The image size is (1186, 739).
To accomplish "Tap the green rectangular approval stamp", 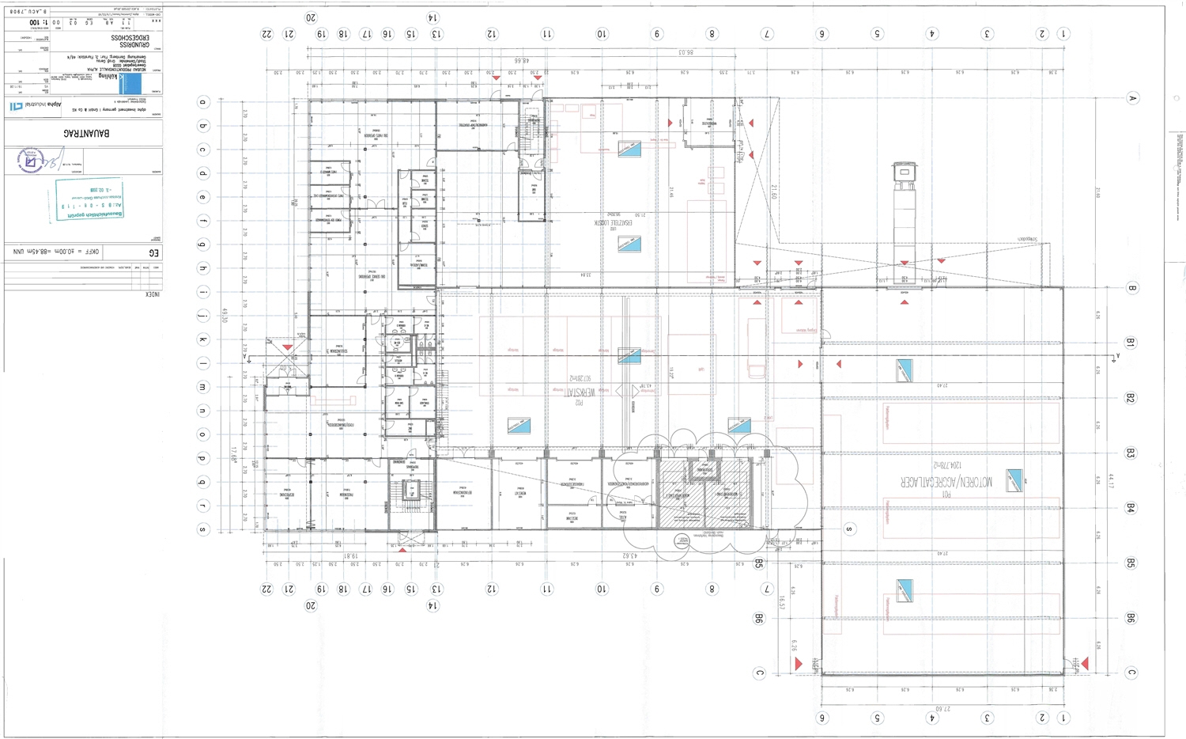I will [89, 199].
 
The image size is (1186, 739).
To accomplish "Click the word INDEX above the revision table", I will [152, 294].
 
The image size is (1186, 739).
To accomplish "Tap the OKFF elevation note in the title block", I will [57, 252].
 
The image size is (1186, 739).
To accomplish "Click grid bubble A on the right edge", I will [1131, 99].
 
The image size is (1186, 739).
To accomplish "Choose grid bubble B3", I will [1131, 453].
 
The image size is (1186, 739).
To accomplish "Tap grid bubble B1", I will [1131, 343].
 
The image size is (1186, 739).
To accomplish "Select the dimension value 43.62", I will [629, 555].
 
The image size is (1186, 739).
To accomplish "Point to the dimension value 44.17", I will [1110, 480].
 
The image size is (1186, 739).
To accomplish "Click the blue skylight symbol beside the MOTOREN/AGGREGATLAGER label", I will [1013, 480].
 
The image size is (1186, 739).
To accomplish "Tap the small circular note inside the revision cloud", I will [682, 541].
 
